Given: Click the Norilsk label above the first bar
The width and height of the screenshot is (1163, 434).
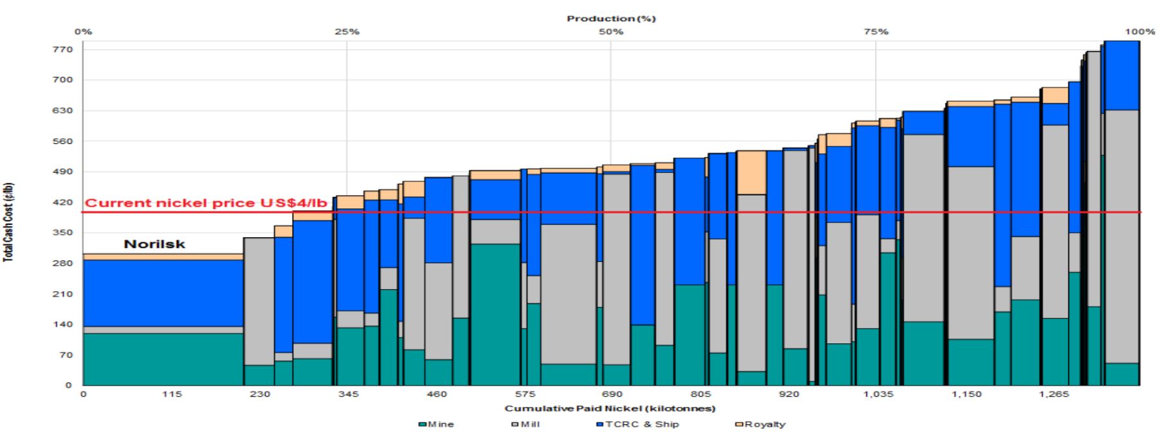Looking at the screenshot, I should [154, 244].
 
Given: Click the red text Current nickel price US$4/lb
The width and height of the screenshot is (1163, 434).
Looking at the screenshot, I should [206, 203].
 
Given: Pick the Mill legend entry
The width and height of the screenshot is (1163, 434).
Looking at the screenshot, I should [526, 424].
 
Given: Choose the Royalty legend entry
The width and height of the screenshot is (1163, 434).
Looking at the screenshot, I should [760, 424].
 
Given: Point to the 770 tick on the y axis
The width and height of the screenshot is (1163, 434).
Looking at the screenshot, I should [68, 50].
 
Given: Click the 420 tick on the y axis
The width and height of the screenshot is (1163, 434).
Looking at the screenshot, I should [68, 203].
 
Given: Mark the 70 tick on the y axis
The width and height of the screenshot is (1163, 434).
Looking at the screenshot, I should [68, 355].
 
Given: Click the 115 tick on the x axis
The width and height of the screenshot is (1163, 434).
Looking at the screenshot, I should [172, 394].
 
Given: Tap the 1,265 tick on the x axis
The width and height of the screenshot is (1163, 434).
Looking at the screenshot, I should [1054, 394].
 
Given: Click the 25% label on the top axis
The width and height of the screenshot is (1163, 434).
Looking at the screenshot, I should [347, 32].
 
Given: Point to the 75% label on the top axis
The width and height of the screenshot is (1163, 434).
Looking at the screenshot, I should [876, 32].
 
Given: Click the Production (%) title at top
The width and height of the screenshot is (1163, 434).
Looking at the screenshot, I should [611, 19].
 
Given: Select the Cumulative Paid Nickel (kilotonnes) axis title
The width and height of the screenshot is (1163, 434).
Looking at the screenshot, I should [610, 409].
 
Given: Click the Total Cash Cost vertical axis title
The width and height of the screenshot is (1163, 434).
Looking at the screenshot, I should [9, 222].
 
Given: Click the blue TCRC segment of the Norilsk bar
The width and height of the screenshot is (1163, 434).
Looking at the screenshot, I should [163, 293].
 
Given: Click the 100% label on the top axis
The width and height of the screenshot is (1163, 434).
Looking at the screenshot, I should [1139, 32].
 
